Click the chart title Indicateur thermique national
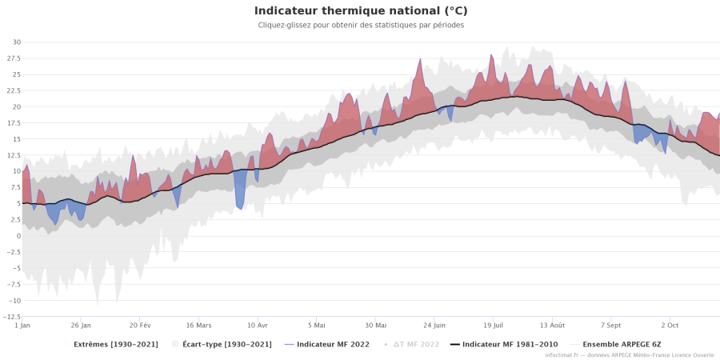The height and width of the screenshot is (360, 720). pyautogui.click(x=361, y=11)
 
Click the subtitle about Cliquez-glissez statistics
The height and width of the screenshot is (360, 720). pyautogui.click(x=361, y=25)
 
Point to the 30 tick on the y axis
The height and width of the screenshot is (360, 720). pyautogui.click(x=16, y=42)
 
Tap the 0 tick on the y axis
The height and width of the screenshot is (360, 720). pyautogui.click(x=18, y=236)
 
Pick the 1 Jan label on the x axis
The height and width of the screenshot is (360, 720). pyautogui.click(x=22, y=326)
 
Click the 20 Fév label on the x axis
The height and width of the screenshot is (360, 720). pyautogui.click(x=140, y=326)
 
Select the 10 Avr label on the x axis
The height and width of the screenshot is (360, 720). pyautogui.click(x=258, y=326)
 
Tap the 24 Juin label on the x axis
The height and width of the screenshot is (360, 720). pyautogui.click(x=434, y=326)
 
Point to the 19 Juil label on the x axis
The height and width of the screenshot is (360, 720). pyautogui.click(x=493, y=326)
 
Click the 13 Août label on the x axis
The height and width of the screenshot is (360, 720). pyautogui.click(x=552, y=326)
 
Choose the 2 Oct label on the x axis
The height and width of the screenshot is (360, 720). pyautogui.click(x=670, y=326)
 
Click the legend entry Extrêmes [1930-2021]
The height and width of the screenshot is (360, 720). pyautogui.click(x=115, y=344)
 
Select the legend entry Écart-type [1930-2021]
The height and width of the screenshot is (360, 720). pyautogui.click(x=226, y=344)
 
